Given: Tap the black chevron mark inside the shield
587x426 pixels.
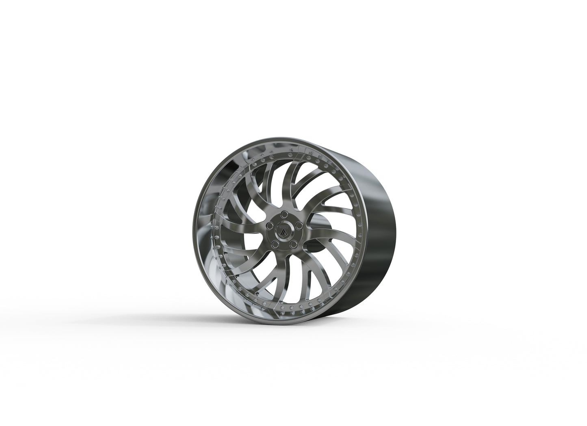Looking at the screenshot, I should tap(280, 232).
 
